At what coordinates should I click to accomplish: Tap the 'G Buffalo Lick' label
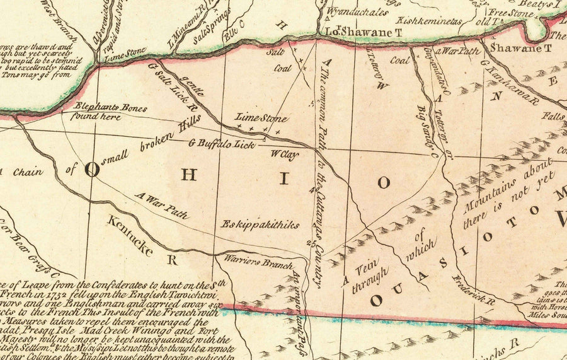[222, 144]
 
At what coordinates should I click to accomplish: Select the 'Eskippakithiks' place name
[260, 224]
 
